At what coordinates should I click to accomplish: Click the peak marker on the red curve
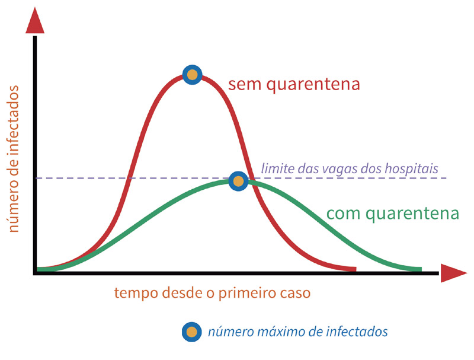point(192,74)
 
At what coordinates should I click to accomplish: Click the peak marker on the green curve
point(239,181)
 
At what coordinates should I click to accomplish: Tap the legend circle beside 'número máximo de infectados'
point(191,332)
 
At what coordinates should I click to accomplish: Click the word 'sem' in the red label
point(244,84)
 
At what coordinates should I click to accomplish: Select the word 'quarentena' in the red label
point(313,84)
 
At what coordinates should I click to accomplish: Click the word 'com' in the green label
point(343,214)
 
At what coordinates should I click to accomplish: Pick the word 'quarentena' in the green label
point(412,214)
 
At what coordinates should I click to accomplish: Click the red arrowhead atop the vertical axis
point(35,20)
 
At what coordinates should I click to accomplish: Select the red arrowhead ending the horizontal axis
point(454,273)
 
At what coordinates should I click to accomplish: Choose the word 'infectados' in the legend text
point(357,332)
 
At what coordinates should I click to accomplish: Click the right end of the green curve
point(421,269)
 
